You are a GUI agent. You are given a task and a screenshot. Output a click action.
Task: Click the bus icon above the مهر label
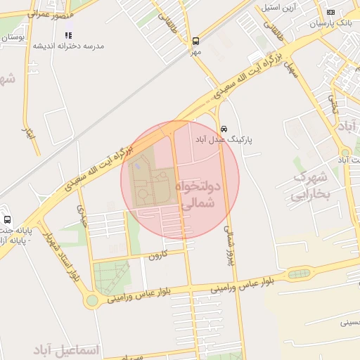pos(195,41)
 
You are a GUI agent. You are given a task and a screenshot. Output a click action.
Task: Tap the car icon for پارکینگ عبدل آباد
pos(224,129)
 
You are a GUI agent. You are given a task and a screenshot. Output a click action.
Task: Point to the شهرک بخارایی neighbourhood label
pos(310,186)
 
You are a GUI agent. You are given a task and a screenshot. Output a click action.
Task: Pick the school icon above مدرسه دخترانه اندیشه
pos(68,34)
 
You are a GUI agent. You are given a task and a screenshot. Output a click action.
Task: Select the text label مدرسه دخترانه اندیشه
pos(68,46)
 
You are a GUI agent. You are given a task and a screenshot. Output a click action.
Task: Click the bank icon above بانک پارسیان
pos(330,12)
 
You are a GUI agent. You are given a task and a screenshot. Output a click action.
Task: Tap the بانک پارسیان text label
pos(330,22)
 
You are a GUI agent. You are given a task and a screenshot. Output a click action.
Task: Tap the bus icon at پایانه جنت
pos(7,219)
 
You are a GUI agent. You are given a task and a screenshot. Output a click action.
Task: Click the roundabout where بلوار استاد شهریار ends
pos(91,301)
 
